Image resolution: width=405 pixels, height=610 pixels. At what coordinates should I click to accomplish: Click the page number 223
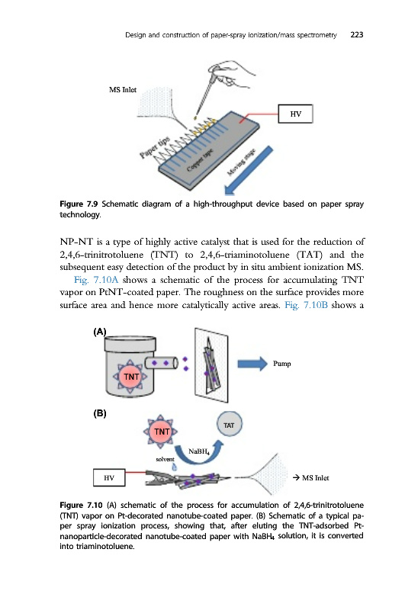point(356,34)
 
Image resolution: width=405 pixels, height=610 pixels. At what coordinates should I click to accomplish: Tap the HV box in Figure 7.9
point(295,114)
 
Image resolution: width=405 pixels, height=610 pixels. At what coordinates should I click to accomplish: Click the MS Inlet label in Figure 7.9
point(123,90)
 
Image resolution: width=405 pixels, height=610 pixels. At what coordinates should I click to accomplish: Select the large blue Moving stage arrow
point(249,170)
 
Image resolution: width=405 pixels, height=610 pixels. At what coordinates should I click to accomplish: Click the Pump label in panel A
point(281,364)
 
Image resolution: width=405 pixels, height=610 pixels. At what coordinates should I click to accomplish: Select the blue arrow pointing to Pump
point(252,364)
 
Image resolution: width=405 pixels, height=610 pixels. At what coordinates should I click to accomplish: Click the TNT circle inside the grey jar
point(130,377)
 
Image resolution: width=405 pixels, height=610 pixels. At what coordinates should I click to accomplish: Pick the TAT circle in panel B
point(229,425)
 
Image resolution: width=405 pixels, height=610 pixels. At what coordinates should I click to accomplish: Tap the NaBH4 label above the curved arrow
point(199,451)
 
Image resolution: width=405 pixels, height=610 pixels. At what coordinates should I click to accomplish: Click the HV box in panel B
point(109,478)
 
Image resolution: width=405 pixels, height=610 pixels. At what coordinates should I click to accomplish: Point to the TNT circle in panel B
point(162,432)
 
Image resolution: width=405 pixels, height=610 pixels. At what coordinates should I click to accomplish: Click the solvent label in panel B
point(165,460)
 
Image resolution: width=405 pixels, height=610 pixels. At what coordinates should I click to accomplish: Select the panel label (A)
point(100,332)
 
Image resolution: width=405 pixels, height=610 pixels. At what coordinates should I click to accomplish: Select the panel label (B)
point(100,413)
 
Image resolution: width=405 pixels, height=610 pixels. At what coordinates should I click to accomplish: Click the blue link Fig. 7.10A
point(96,280)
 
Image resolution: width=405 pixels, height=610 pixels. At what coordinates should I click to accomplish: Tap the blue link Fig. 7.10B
point(306,305)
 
